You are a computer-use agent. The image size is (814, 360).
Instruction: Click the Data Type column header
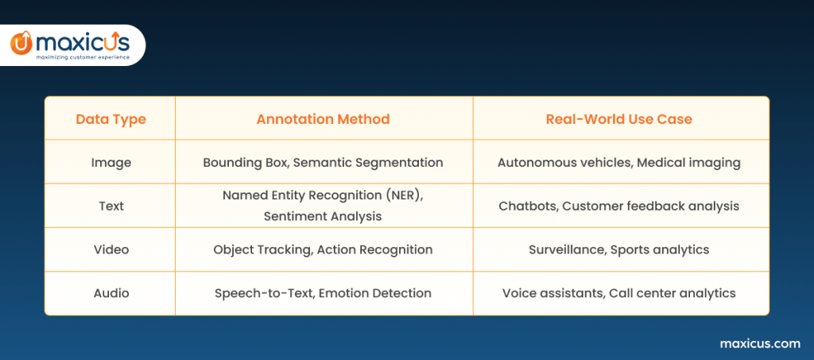[110, 119]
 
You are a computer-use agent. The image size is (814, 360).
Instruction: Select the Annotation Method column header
[323, 119]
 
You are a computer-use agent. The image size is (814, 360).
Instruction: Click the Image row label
[110, 162]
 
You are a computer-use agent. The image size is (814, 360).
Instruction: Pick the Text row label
[110, 206]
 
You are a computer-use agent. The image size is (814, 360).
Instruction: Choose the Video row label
[110, 250]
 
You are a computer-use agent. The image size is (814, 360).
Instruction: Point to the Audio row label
[110, 293]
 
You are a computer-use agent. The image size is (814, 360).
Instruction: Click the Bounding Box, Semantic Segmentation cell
[323, 162]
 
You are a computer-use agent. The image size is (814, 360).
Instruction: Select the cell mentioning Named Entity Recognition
[323, 195]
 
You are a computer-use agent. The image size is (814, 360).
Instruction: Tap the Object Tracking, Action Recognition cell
[323, 250]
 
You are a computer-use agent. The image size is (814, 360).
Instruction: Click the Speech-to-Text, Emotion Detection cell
[323, 293]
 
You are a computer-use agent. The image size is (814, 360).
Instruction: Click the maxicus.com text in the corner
[759, 343]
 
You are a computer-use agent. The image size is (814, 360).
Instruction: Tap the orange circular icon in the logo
[21, 44]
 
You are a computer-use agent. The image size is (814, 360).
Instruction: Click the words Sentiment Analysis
[323, 216]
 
